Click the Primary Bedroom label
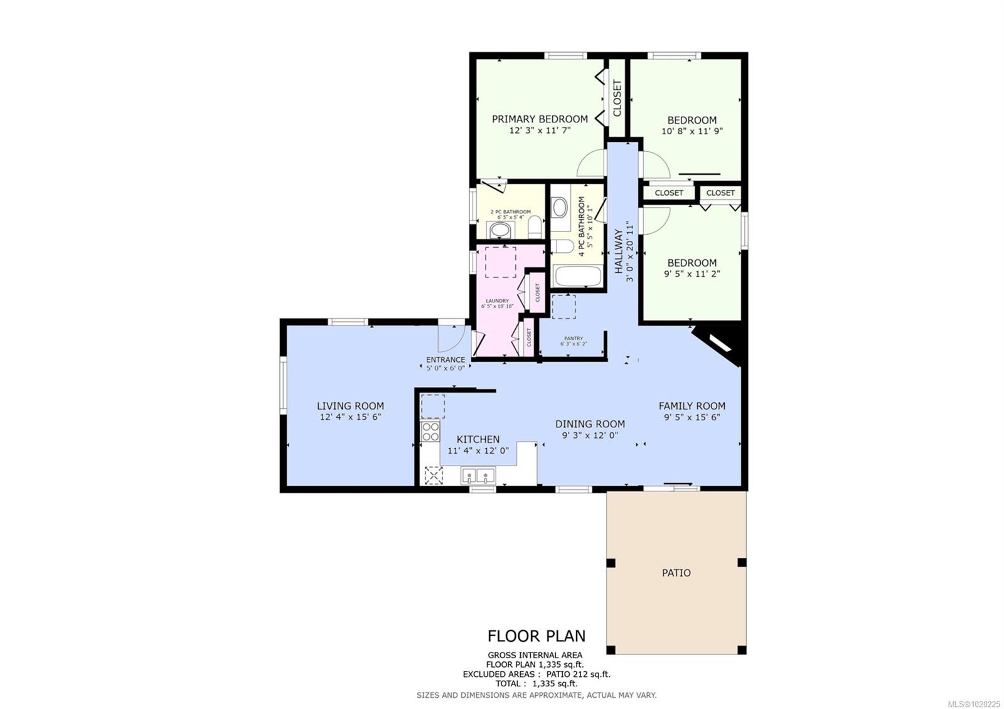pyautogui.click(x=540, y=119)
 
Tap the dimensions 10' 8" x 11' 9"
pyautogui.click(x=692, y=132)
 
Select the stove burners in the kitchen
pyautogui.click(x=430, y=431)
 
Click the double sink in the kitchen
pyautogui.click(x=478, y=476)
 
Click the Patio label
pyautogui.click(x=676, y=573)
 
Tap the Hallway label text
pyautogui.click(x=619, y=251)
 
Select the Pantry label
pyautogui.click(x=573, y=339)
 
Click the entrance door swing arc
pyautogui.click(x=450, y=339)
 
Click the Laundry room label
pyautogui.click(x=496, y=301)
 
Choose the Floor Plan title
pyautogui.click(x=537, y=636)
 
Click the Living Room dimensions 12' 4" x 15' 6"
pyautogui.click(x=350, y=417)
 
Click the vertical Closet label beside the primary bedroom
pyautogui.click(x=617, y=98)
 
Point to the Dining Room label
pyautogui.click(x=590, y=424)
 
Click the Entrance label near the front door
pyautogui.click(x=446, y=360)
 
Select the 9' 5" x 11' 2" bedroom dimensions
pyautogui.click(x=692, y=274)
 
